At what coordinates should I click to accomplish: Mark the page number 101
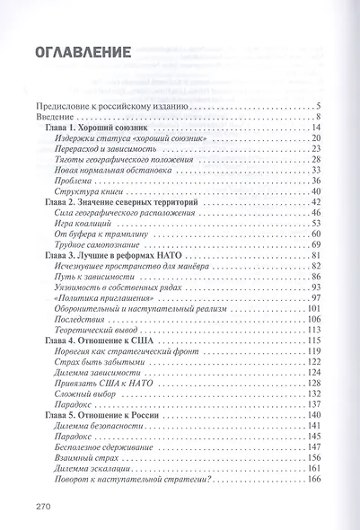tap(313, 310)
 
